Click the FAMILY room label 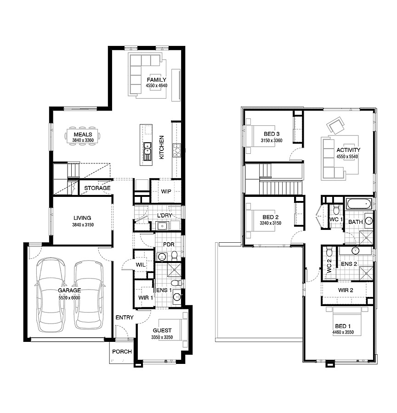click(156, 79)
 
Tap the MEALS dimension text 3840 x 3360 click(83, 140)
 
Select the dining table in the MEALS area click(83, 136)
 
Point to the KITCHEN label click(162, 147)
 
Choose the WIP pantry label click(166, 191)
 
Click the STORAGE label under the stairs click(97, 188)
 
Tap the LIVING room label click(82, 218)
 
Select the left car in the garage click(51, 295)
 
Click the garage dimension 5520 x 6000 click(69, 298)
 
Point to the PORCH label click(122, 352)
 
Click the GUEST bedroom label click(162, 330)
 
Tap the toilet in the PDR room click(174, 255)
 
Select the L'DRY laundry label click(164, 216)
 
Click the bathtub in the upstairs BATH click(359, 204)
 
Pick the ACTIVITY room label click(348, 150)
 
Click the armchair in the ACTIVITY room click(335, 125)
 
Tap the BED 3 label click(272, 134)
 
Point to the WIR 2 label click(346, 290)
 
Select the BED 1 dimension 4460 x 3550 click(343, 332)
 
